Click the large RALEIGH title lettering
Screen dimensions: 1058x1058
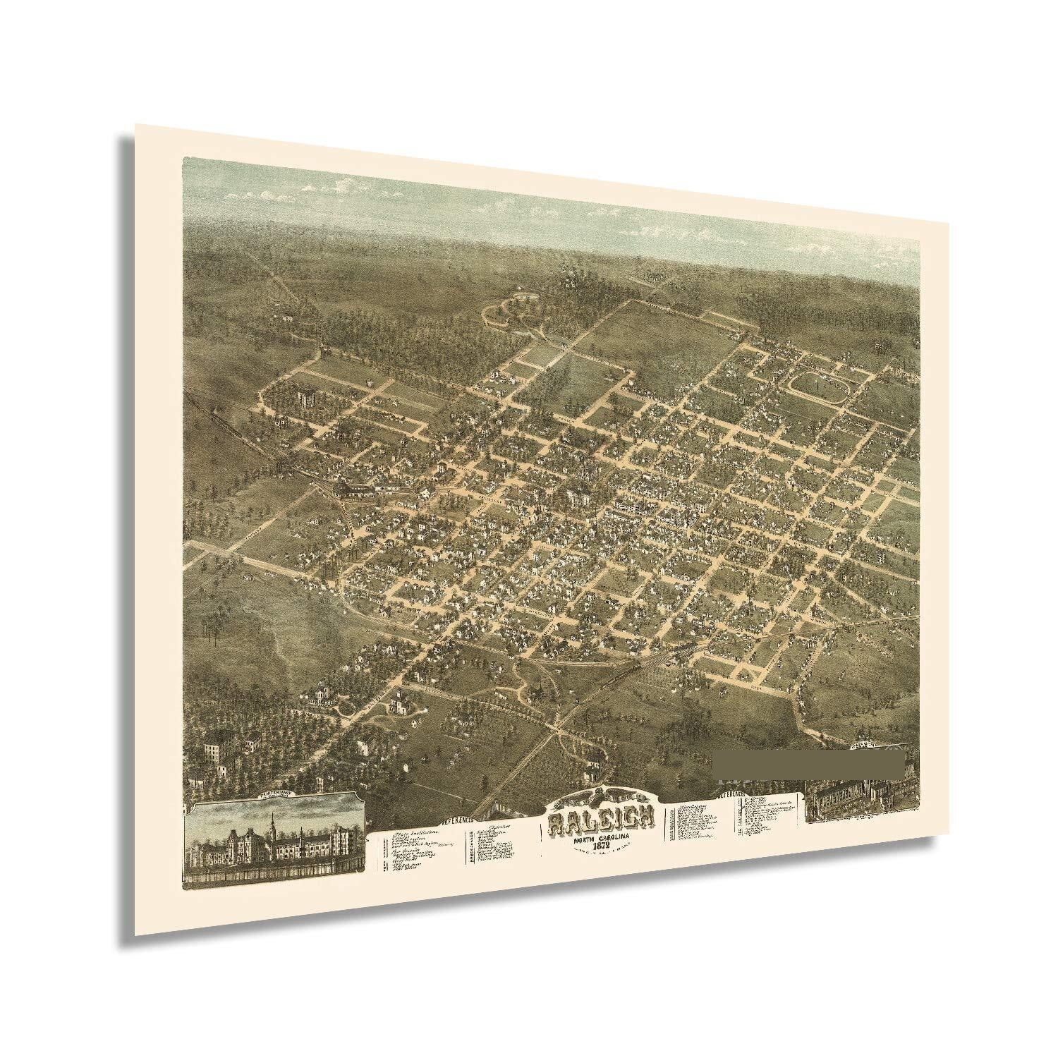(601, 817)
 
